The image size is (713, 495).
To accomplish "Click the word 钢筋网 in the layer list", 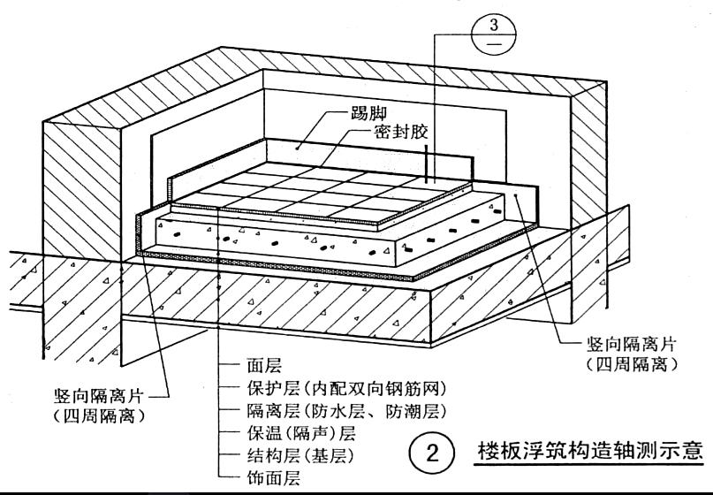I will (x=423, y=388).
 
